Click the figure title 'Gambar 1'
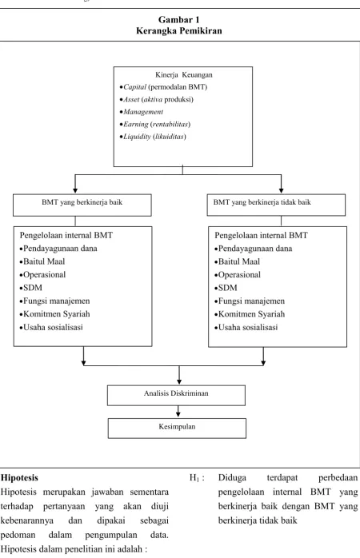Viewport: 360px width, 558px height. click(x=178, y=19)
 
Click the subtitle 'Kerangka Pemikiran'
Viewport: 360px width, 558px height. click(x=178, y=30)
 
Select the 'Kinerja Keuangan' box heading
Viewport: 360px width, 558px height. click(x=184, y=74)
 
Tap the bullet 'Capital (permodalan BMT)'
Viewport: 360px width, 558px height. click(x=163, y=87)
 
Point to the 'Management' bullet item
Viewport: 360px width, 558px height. click(x=142, y=112)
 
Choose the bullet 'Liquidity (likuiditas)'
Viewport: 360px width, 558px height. click(x=153, y=137)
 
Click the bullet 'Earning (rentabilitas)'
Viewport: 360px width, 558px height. click(x=155, y=124)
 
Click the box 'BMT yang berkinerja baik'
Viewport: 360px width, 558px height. click(x=82, y=205)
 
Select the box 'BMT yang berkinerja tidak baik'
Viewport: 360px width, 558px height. click(x=276, y=205)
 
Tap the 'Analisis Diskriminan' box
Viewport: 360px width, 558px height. click(x=176, y=396)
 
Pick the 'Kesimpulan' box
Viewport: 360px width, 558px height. click(x=177, y=428)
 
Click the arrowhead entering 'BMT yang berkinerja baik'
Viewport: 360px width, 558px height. click(x=75, y=190)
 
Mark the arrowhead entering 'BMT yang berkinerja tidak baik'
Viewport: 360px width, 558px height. click(x=282, y=190)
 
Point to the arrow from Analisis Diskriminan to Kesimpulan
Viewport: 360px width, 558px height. click(x=178, y=412)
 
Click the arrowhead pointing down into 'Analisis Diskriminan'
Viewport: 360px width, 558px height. click(x=179, y=382)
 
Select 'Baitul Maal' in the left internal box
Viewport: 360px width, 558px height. click(x=42, y=261)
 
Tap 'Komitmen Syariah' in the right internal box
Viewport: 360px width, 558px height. click(x=250, y=314)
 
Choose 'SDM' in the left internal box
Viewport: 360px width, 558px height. click(x=31, y=288)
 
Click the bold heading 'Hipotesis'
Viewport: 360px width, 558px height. click(x=19, y=477)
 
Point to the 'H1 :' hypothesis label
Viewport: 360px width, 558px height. click(x=197, y=478)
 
